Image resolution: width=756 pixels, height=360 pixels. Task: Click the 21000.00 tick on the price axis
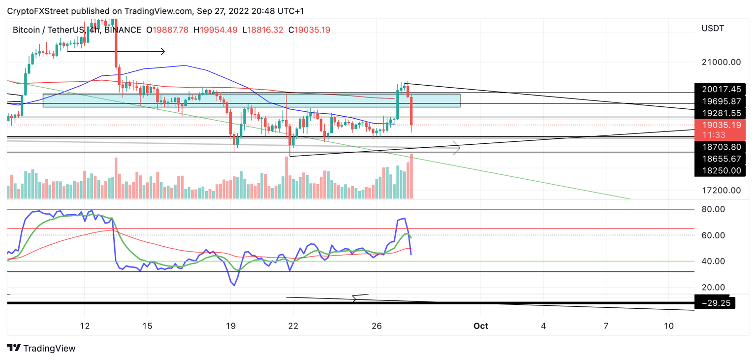pos(721,62)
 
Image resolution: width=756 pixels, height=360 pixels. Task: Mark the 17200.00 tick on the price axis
pos(721,190)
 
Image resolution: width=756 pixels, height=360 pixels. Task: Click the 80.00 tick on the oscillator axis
pos(713,209)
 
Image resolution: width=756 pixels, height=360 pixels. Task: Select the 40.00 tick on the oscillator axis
pos(713,261)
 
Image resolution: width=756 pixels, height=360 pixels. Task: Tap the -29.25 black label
pos(715,303)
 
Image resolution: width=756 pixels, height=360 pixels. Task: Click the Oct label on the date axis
pos(480,326)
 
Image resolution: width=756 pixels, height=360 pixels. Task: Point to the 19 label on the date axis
pos(230,326)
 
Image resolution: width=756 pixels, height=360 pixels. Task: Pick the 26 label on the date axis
pos(377,326)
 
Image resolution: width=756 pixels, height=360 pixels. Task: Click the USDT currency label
pos(712,29)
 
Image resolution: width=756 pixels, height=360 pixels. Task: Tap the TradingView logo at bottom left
pos(42,348)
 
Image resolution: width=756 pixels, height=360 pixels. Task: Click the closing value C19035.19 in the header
pos(309,30)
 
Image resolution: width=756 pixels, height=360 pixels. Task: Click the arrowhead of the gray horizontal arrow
pos(457,147)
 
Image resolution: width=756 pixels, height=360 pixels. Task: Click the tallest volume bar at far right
pos(410,176)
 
